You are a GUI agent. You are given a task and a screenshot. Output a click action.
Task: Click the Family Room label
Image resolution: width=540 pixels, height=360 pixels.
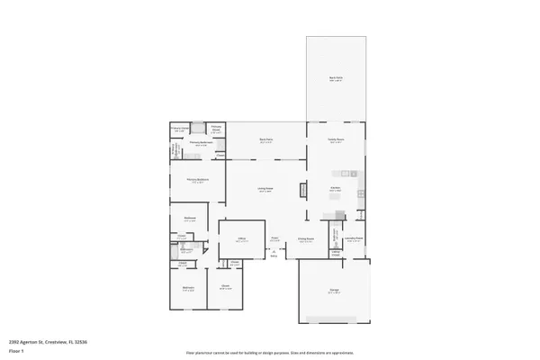tap(336, 140)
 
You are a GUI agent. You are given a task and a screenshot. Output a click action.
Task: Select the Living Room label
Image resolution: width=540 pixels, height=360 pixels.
tap(265, 189)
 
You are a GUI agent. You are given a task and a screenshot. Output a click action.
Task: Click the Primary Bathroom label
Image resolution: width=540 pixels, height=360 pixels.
tap(200, 143)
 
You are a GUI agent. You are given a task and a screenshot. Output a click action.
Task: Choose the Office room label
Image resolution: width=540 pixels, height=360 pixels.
tap(242, 239)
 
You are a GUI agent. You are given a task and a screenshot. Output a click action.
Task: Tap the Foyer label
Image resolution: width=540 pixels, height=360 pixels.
tap(274, 238)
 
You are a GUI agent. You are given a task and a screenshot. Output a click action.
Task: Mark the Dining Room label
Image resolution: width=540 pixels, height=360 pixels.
tap(306, 239)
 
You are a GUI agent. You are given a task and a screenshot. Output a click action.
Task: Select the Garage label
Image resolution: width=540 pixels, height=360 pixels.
tap(334, 290)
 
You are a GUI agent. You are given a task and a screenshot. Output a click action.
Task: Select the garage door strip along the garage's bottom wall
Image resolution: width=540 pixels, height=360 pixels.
tap(334, 319)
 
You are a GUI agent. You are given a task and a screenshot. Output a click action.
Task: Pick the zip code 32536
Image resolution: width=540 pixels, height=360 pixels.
tap(81, 342)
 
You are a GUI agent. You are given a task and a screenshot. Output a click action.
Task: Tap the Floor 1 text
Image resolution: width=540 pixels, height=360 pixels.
tap(15, 350)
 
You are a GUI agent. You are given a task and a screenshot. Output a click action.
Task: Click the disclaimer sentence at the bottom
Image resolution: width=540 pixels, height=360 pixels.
tap(269, 353)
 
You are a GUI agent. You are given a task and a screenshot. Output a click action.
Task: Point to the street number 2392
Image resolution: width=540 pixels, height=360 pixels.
tap(14, 342)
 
